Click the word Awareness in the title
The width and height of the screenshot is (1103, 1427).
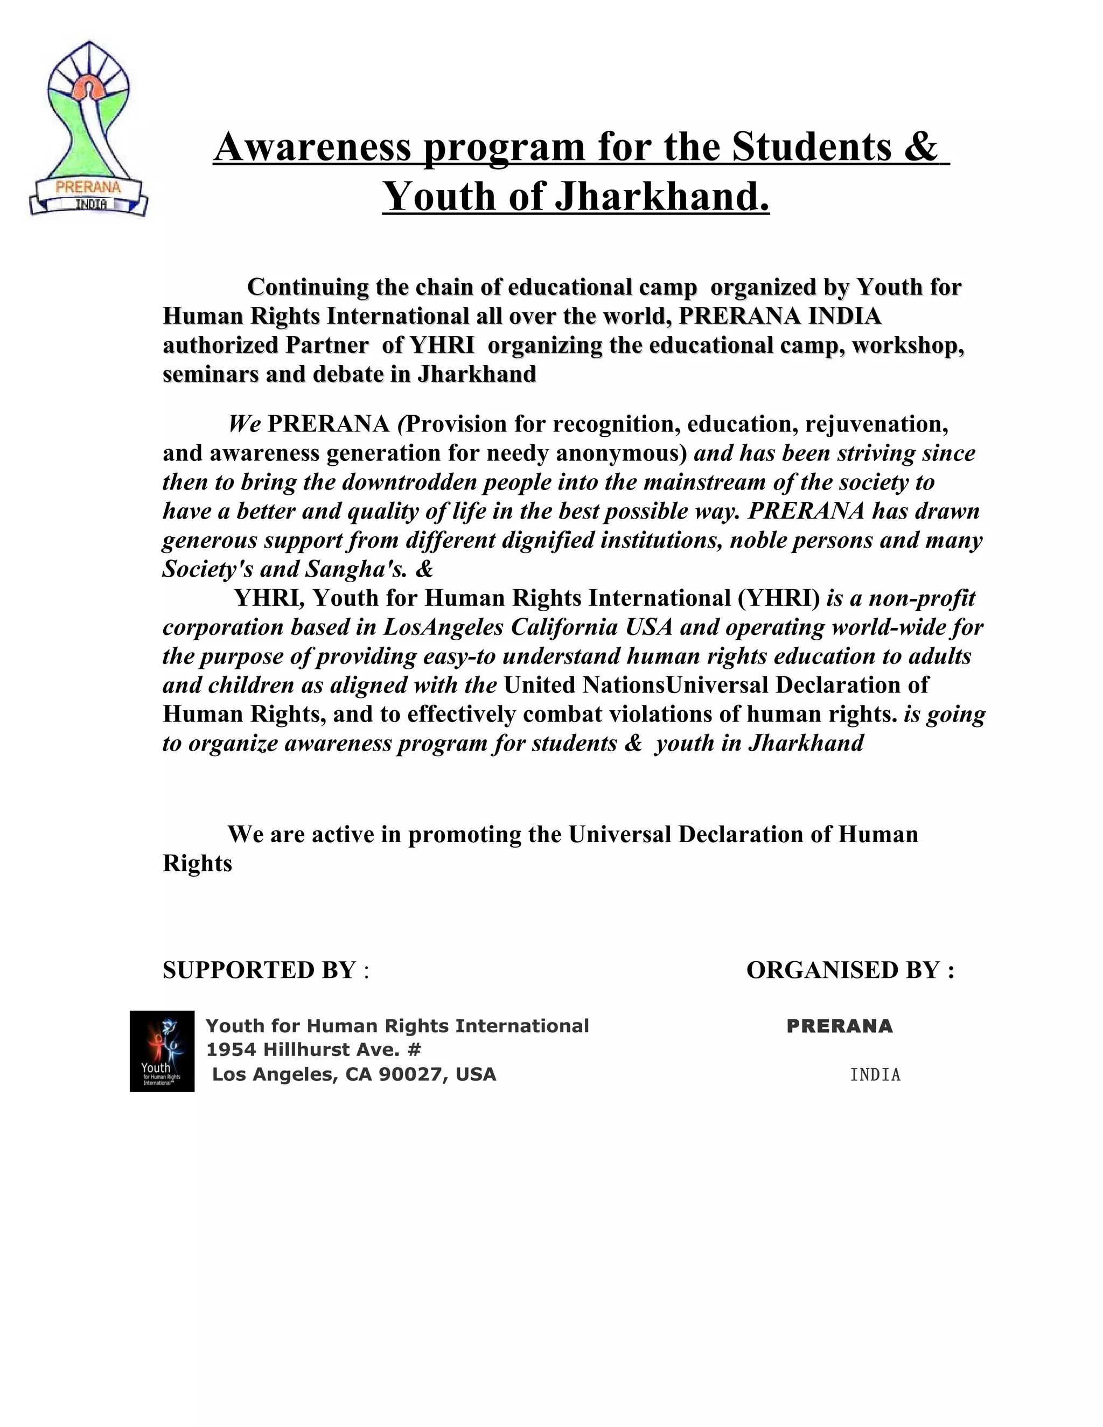[312, 146]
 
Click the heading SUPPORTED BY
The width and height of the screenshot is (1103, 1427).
[259, 970]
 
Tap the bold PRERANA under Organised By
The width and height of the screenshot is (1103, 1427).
[839, 1026]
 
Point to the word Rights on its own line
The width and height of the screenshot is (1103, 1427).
[197, 864]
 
